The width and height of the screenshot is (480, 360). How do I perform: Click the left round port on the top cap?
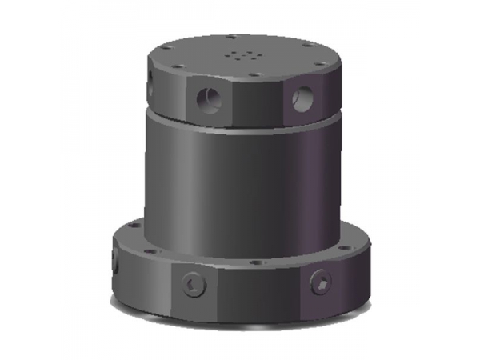click(x=208, y=101)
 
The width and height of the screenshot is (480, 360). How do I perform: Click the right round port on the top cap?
click(x=302, y=99)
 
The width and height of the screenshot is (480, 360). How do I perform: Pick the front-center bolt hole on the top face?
click(x=254, y=75)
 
